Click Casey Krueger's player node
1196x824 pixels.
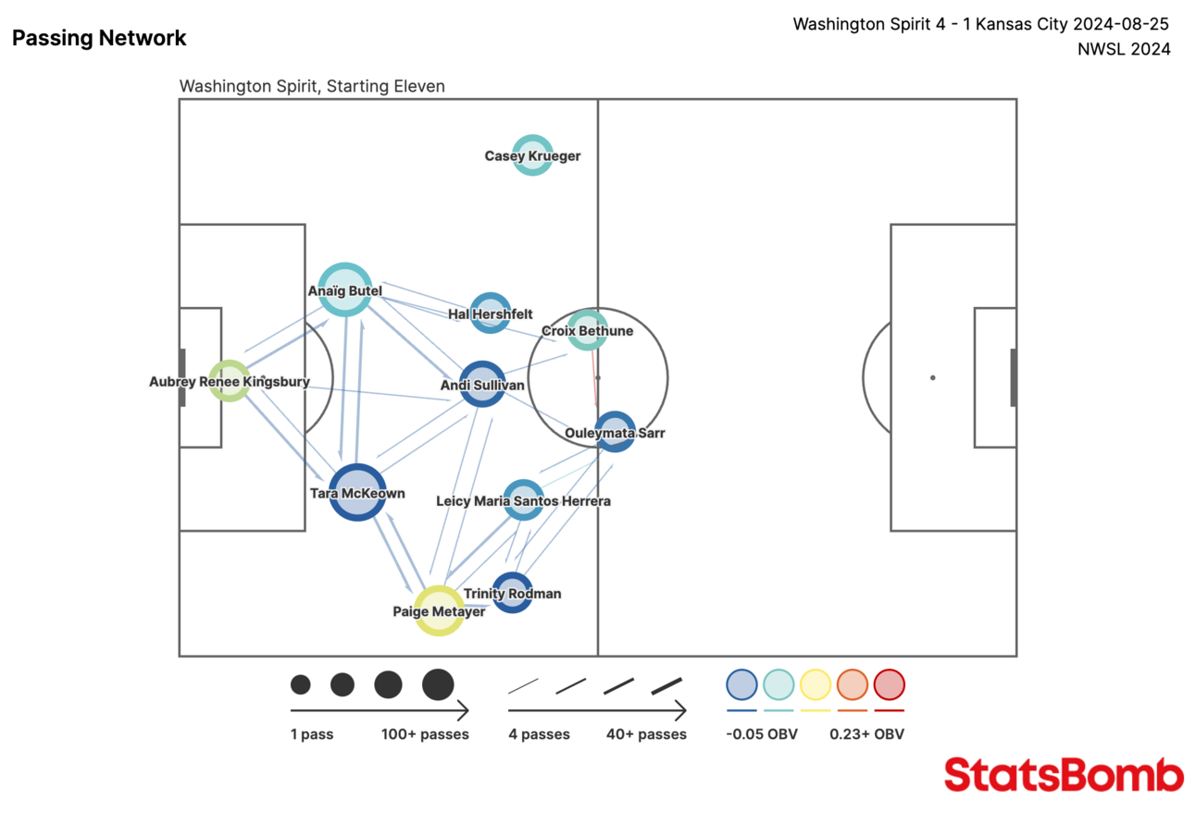click(532, 155)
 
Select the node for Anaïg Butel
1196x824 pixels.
click(345, 289)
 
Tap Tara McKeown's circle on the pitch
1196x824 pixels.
click(356, 492)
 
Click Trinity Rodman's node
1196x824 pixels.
click(512, 593)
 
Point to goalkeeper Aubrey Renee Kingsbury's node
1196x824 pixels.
click(229, 381)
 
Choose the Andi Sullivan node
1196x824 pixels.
click(481, 384)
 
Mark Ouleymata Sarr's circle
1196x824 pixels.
click(615, 431)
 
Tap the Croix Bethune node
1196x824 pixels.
click(587, 330)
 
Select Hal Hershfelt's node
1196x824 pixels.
click(490, 314)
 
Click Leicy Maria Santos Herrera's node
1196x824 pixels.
click(523, 500)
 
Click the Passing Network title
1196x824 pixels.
click(99, 38)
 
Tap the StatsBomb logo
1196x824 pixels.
click(1064, 774)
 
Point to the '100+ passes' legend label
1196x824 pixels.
click(425, 734)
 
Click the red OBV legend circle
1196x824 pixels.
click(889, 684)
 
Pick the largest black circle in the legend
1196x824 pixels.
click(438, 684)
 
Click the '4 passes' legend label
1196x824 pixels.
click(539, 734)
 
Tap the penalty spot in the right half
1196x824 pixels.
click(932, 377)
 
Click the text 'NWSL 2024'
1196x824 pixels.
click(1124, 50)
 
